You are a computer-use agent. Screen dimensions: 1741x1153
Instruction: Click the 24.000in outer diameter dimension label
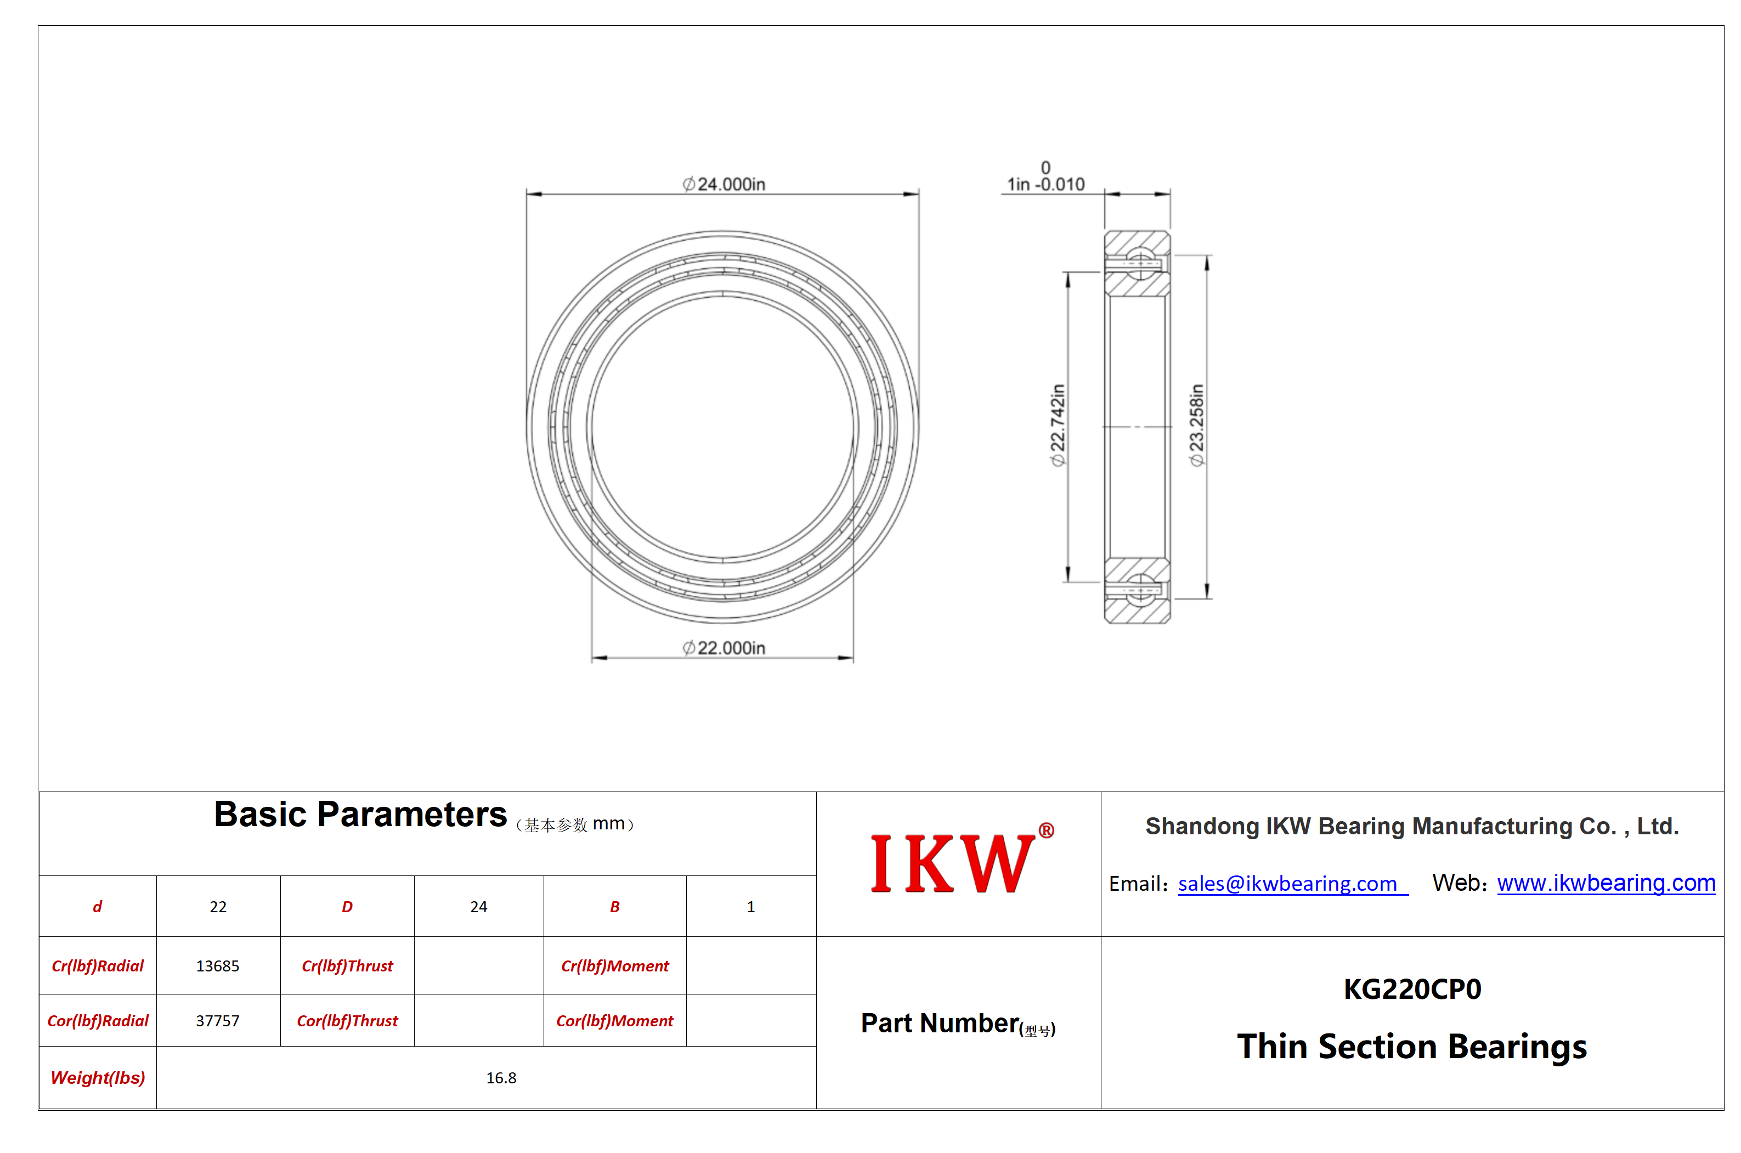(723, 184)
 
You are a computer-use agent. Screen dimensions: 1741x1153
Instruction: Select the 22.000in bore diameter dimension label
(723, 648)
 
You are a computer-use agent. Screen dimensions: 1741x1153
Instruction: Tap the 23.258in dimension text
(1196, 425)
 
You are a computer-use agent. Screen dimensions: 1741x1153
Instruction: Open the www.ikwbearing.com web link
(1606, 883)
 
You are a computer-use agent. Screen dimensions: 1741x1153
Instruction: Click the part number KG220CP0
(1412, 989)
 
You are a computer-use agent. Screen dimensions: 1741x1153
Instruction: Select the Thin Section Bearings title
(1412, 1047)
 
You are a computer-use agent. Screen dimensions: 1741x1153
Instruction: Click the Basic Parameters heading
(360, 815)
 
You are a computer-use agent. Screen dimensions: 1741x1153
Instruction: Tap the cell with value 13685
(218, 965)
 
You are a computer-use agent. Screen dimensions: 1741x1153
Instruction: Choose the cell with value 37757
(218, 1021)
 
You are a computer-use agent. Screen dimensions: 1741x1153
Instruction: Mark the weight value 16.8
(501, 1078)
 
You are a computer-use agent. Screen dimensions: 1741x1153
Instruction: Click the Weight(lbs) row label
(98, 1078)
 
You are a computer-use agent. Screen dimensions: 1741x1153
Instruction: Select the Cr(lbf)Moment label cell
(615, 965)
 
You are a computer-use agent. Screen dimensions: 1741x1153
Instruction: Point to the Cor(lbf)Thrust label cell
(347, 1021)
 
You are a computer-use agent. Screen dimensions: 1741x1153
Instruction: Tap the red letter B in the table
(615, 907)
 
